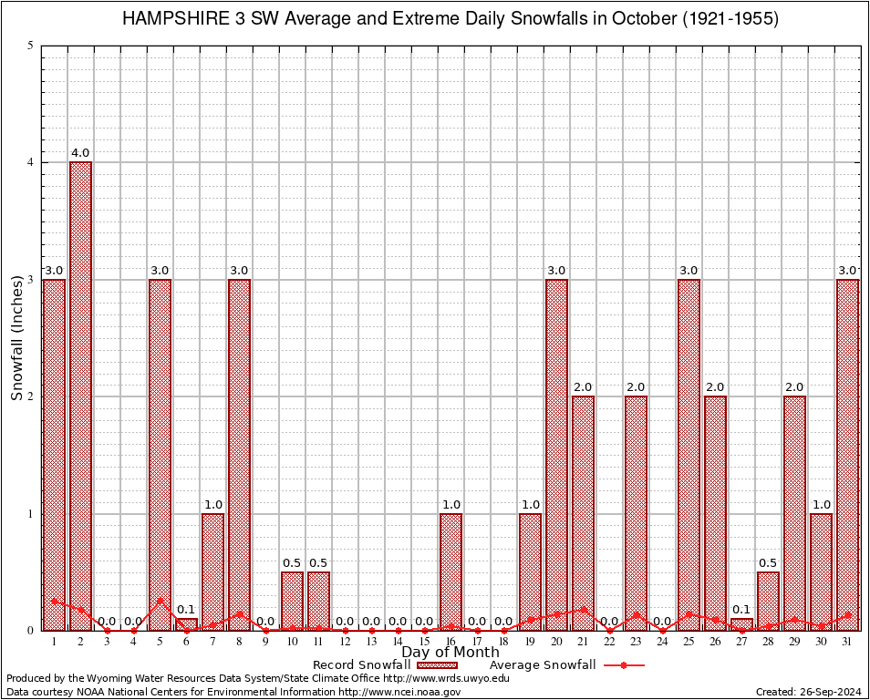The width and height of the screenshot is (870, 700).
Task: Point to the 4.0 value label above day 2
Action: click(x=80, y=153)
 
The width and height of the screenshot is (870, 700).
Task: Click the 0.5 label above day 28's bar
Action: click(x=768, y=562)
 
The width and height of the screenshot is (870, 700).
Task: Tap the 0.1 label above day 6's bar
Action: click(x=186, y=609)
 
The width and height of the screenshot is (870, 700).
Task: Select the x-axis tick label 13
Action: click(x=371, y=642)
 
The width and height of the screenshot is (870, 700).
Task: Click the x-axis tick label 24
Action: click(x=662, y=642)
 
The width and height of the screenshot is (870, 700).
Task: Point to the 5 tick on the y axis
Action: click(x=31, y=46)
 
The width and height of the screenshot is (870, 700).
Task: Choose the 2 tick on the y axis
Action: click(x=31, y=396)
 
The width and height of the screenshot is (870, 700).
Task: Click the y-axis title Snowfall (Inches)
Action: click(x=17, y=337)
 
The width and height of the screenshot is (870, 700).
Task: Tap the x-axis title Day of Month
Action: click(x=451, y=653)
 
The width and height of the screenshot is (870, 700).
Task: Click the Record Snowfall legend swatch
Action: click(x=436, y=665)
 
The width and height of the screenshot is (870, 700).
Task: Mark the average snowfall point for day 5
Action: click(x=160, y=601)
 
